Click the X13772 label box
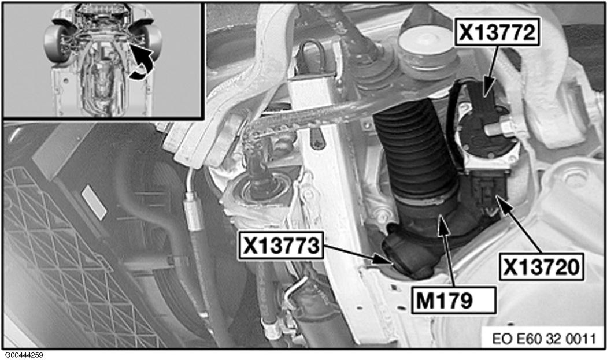coord(497,32)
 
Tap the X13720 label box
coord(542,267)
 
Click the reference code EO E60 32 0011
coord(544,339)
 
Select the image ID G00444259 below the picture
coord(24,355)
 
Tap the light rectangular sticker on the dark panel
coord(94,202)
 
